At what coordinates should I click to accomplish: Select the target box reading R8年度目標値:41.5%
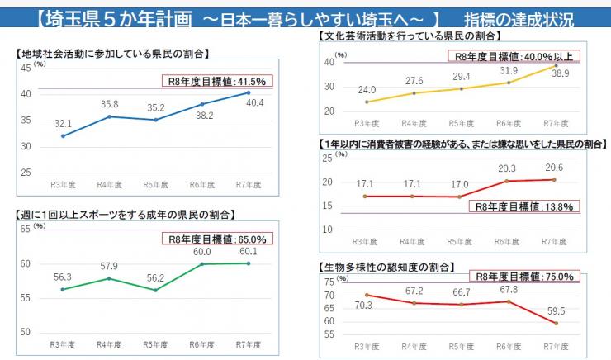[216, 81]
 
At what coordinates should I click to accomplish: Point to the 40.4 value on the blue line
[254, 103]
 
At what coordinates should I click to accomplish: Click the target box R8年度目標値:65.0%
[217, 239]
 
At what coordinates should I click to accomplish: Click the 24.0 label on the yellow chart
[367, 89]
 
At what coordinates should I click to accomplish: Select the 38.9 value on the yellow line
[559, 73]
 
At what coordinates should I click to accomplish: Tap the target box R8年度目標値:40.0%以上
[514, 56]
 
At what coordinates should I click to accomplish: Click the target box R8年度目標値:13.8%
[523, 206]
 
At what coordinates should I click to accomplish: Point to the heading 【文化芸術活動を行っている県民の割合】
[410, 38]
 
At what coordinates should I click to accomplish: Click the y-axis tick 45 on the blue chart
[26, 68]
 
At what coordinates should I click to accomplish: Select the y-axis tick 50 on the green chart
[26, 332]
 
